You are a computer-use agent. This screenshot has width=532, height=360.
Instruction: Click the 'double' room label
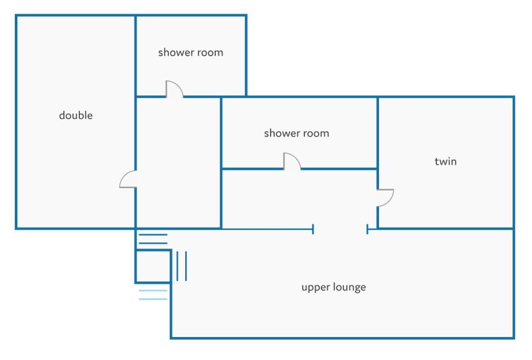[76, 116]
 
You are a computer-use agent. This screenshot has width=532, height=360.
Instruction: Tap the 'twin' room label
[446, 161]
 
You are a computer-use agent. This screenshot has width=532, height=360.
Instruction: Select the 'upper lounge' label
[334, 287]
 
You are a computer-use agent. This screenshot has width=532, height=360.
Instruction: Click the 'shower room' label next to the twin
[297, 133]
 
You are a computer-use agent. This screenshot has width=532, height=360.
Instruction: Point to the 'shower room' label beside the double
[191, 52]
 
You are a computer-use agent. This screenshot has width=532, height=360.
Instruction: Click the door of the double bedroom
[128, 179]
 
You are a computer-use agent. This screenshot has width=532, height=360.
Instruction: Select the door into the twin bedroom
[385, 197]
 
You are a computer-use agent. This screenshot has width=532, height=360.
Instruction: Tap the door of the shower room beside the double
[174, 89]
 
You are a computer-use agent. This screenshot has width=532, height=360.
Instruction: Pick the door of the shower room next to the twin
[292, 161]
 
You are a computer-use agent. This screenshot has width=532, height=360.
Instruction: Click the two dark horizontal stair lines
[153, 239]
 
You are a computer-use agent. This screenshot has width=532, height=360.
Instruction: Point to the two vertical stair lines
[182, 266]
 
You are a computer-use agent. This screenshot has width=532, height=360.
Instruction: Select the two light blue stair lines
[153, 295]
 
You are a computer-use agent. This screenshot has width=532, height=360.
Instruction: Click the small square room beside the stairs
[153, 267]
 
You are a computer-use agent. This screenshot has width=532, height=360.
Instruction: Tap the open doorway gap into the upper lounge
[340, 230]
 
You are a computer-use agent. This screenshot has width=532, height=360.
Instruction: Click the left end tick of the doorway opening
[313, 230]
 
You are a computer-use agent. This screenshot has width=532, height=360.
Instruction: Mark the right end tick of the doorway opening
[367, 230]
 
